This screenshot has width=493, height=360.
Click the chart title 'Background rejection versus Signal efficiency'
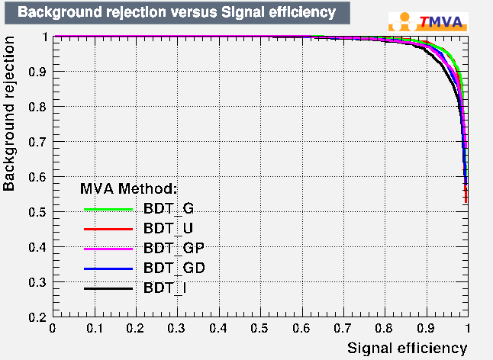(x=176, y=12)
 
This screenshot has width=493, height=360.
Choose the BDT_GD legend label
(x=173, y=268)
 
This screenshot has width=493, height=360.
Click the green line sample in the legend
(x=109, y=208)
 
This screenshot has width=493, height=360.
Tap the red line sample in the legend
(x=109, y=228)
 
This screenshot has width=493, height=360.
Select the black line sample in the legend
(x=109, y=289)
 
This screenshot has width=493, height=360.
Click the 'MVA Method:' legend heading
(x=129, y=188)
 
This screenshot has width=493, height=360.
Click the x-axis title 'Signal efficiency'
(x=407, y=348)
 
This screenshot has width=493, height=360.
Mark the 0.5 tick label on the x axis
(x=259, y=328)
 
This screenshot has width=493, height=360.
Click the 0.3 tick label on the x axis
(x=176, y=328)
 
